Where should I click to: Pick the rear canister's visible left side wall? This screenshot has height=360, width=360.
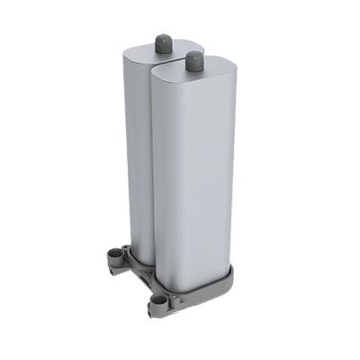133,153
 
